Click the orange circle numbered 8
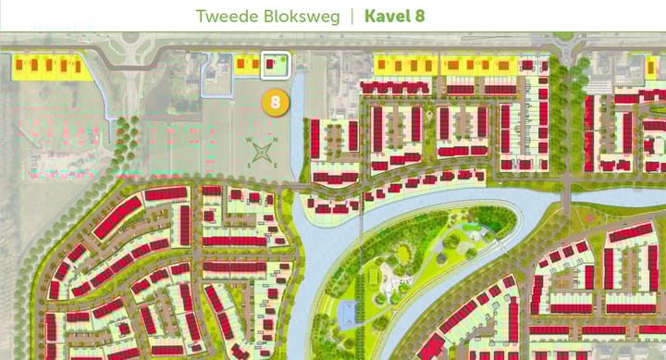274,101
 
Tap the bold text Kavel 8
395,17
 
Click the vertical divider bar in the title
351,17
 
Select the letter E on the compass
277,165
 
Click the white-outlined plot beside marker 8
275,65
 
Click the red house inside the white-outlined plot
270,65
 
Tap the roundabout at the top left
129,38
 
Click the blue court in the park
348,312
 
